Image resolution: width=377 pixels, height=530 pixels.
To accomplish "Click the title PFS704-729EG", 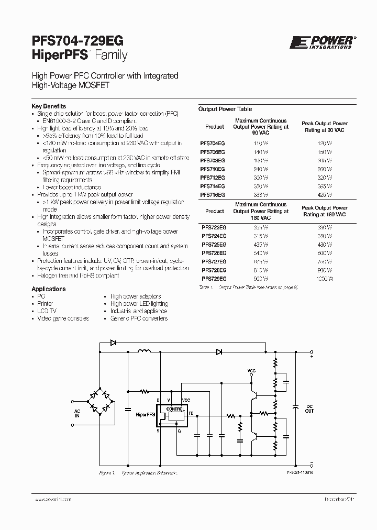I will (79, 41).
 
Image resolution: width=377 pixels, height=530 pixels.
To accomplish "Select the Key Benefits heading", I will (49, 106).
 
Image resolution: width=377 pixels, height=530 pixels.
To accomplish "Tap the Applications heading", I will (49, 289).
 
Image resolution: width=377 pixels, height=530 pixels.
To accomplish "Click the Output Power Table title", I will (225, 109).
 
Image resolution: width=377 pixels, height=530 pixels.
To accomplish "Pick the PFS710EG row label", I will (213, 169).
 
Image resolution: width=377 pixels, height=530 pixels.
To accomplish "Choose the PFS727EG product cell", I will (214, 261).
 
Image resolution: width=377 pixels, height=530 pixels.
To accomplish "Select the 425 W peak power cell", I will (325, 194).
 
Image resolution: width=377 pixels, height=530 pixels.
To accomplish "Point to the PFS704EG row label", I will (213, 143).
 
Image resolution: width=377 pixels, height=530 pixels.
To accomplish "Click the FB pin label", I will (191, 413).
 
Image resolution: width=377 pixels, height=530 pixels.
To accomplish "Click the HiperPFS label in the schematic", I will (145, 414).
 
